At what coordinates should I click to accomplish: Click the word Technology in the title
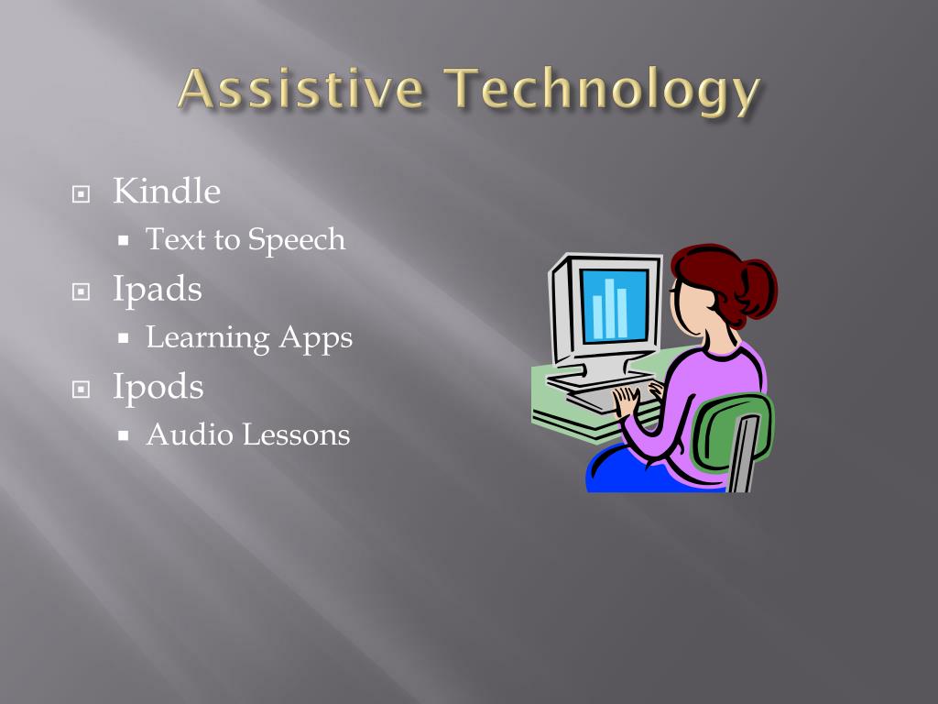604,92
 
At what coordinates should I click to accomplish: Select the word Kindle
167,192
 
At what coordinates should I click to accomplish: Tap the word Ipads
158,290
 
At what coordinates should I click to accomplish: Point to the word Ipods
158,387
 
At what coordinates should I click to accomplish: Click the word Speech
297,240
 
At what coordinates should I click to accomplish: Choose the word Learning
208,338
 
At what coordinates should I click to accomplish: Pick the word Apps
316,338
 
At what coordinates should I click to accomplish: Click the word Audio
188,434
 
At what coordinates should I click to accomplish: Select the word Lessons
296,434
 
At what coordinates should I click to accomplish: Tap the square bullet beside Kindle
82,194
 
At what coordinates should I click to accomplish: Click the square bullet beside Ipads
82,291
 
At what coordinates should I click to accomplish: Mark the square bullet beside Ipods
82,389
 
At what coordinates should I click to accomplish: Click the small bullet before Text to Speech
124,241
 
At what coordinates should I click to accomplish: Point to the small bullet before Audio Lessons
124,435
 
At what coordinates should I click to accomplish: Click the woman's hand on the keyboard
627,401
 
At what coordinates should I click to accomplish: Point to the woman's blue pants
632,472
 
